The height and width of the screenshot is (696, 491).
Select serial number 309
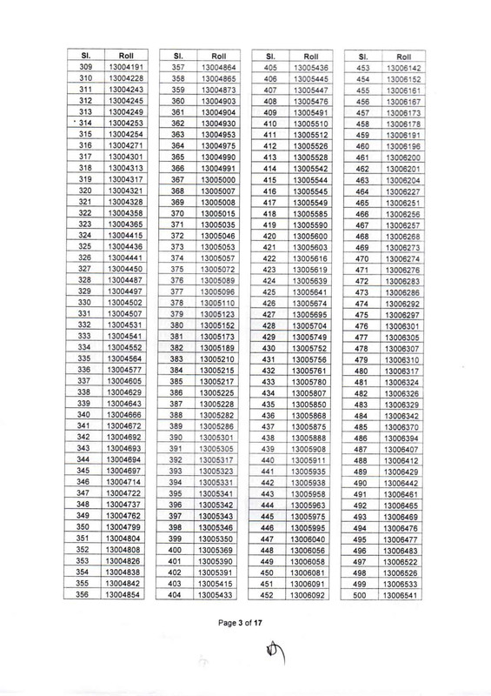click(85, 67)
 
